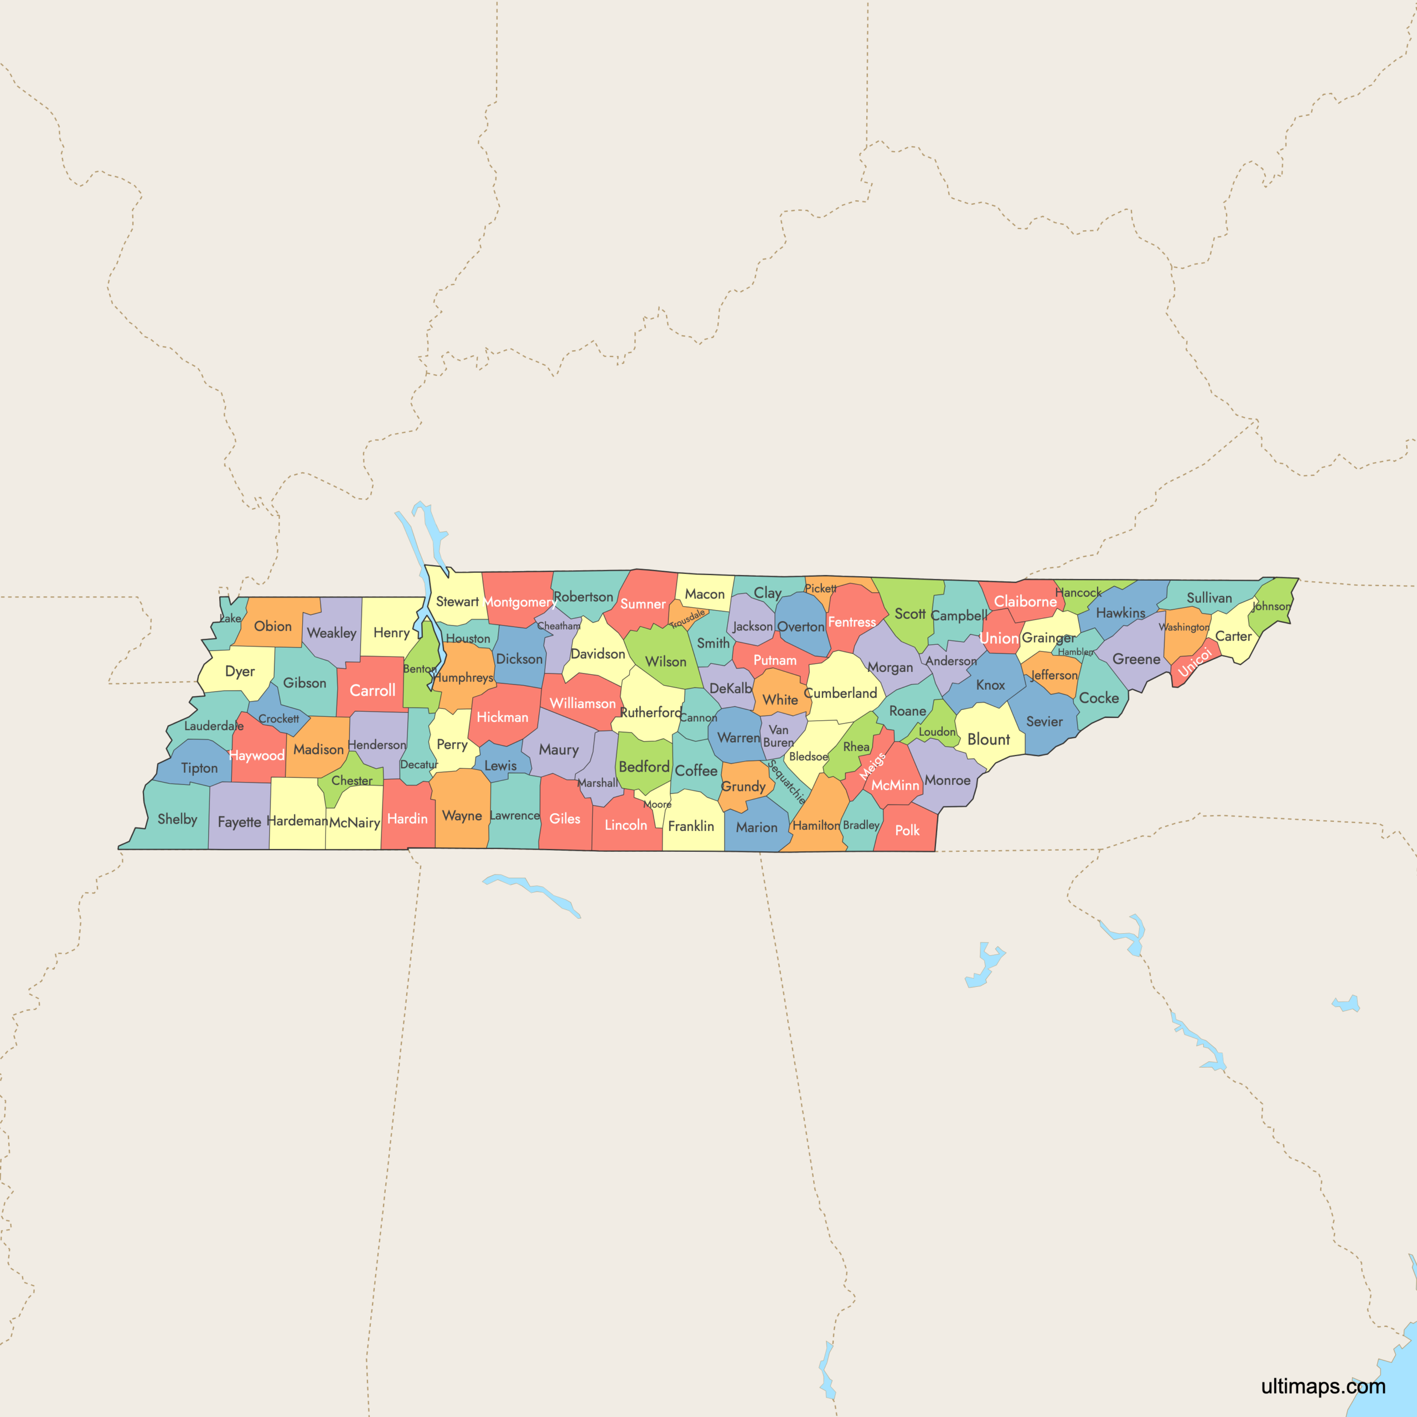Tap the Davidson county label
[x=598, y=654]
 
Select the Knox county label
[x=990, y=685]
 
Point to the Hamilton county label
[x=815, y=826]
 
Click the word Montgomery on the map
[x=519, y=603]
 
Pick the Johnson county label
[x=1271, y=607]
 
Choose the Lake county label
[x=230, y=618]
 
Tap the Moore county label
[x=657, y=805]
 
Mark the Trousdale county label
[x=687, y=618]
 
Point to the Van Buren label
[x=778, y=736]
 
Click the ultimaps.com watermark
[x=1323, y=1386]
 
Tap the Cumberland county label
[x=841, y=694]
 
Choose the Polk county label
[x=907, y=830]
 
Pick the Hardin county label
[x=407, y=819]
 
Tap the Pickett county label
[x=820, y=588]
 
